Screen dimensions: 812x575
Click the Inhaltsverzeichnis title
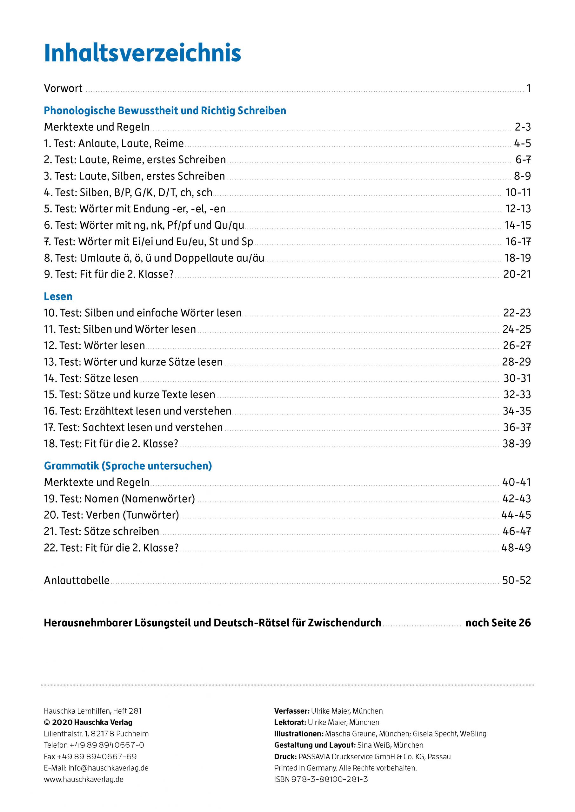(142, 54)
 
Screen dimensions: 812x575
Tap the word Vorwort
(63, 88)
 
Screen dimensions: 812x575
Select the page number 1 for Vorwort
(528, 88)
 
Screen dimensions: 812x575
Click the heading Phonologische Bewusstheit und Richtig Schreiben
(165, 111)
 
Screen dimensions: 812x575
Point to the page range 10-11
(518, 193)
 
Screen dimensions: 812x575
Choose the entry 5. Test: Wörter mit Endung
(135, 209)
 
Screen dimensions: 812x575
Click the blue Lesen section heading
(58, 296)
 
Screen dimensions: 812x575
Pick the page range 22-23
(517, 313)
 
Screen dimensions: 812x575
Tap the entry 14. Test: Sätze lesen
(91, 378)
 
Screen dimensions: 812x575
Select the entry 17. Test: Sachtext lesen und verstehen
(133, 427)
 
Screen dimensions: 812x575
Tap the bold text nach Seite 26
(498, 623)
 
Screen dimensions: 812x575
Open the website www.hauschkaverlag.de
(84, 779)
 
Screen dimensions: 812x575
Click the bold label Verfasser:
(292, 711)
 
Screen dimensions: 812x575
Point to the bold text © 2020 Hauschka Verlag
(88, 722)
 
